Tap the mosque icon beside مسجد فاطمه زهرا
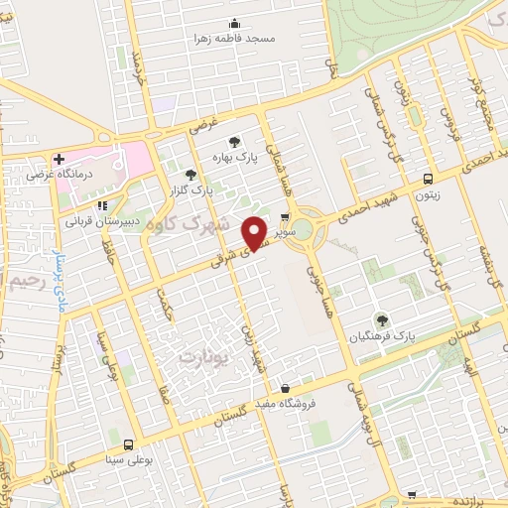(x=235, y=24)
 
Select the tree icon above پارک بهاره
(x=234, y=142)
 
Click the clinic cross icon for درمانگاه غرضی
(x=60, y=159)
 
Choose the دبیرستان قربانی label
(x=106, y=221)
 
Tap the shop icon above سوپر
(x=285, y=217)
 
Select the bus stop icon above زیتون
(x=428, y=180)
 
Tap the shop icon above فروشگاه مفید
(x=286, y=389)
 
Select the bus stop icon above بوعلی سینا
(x=129, y=444)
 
